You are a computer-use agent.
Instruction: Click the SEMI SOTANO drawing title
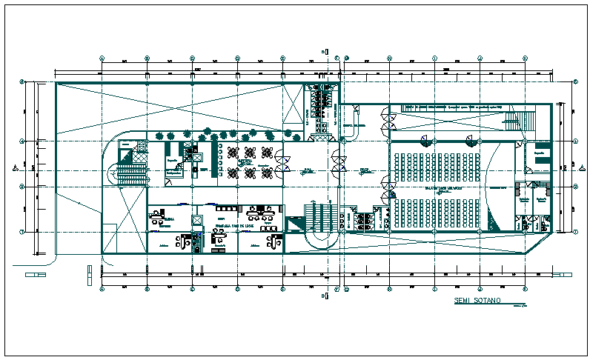pos(477,301)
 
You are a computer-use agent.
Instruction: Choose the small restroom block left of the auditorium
pos(364,219)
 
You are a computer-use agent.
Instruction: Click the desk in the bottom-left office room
pos(158,217)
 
